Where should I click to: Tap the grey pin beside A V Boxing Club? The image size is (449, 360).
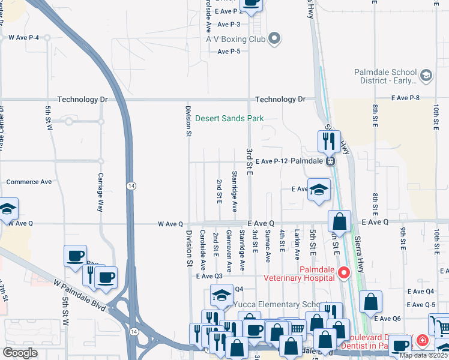(x=275, y=38)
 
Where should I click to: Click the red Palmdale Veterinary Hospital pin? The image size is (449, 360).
(x=344, y=273)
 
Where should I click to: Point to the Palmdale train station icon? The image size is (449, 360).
(x=330, y=161)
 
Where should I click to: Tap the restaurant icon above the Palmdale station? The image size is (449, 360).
(x=328, y=142)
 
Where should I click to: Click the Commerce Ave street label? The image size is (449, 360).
(x=29, y=182)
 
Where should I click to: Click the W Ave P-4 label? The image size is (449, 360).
(x=23, y=37)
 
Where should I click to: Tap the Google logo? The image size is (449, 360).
(x=20, y=353)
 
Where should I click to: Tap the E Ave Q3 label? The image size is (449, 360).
(x=209, y=276)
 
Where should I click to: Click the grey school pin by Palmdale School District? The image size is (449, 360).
(x=426, y=75)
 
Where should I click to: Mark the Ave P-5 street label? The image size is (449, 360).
(x=229, y=52)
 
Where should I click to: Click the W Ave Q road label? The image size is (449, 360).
(x=170, y=224)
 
